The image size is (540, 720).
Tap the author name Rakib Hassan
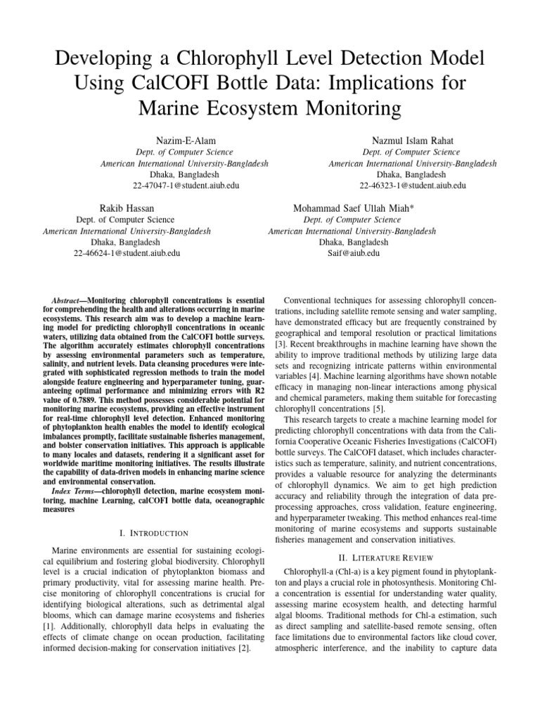pos(127,209)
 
